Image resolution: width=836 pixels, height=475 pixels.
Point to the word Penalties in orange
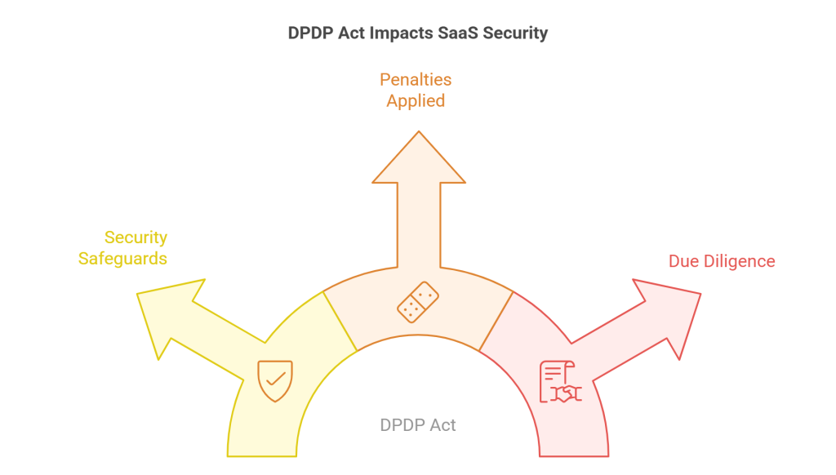point(416,80)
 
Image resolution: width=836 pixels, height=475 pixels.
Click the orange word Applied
point(416,101)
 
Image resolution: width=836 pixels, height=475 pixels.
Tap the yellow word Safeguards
point(123,259)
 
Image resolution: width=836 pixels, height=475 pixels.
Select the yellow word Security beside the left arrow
point(136,237)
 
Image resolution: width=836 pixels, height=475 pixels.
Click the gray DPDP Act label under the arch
point(418,425)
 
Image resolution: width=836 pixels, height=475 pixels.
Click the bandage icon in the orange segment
point(417,301)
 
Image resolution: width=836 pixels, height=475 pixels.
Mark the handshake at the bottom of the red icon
point(564,393)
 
